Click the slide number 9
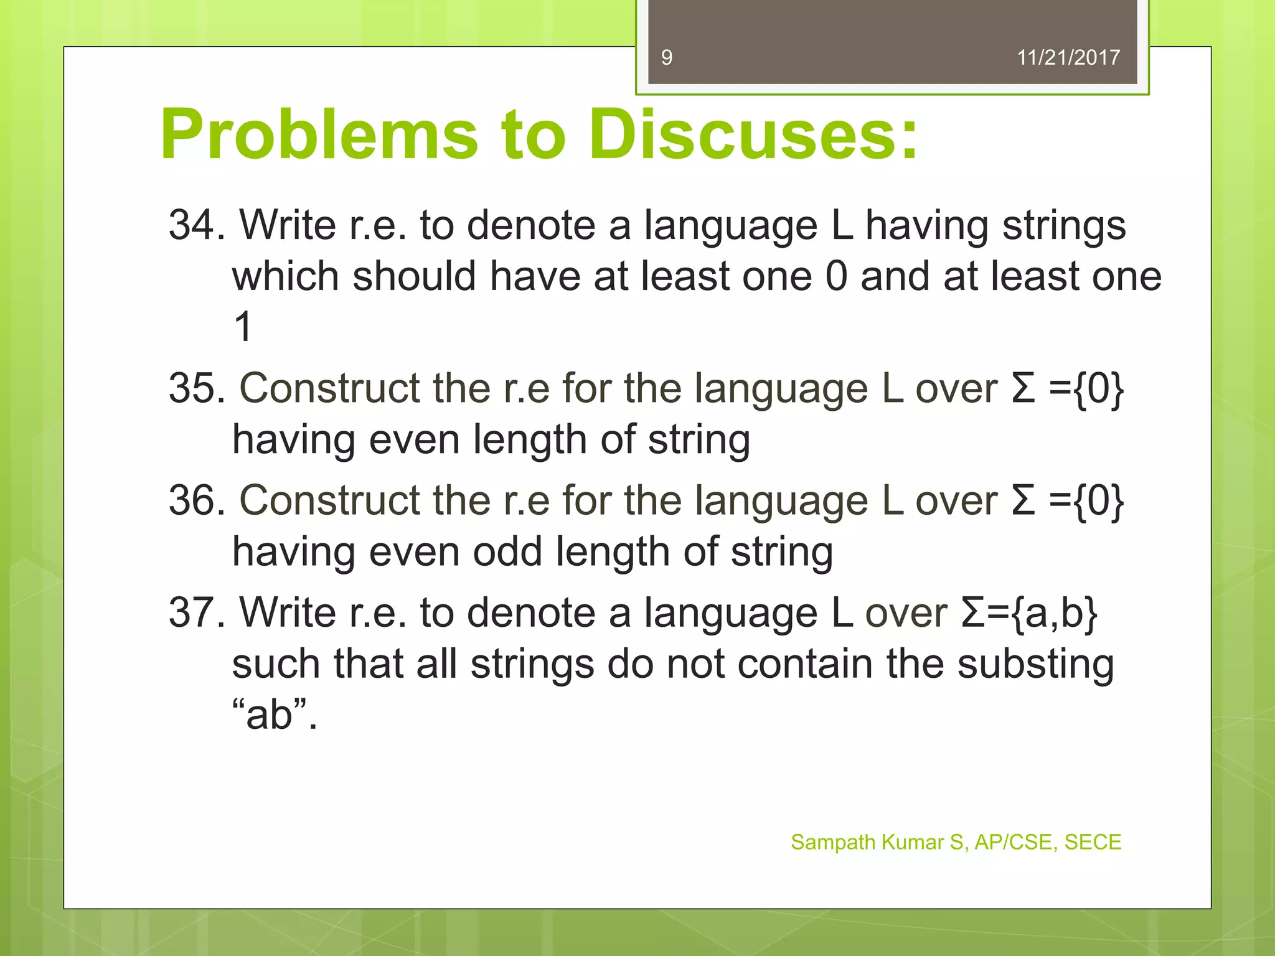[667, 58]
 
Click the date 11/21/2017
[1068, 58]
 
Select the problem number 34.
[196, 225]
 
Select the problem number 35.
[196, 388]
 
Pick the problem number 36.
[196, 500]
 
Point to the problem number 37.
[196, 612]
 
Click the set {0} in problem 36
[1099, 500]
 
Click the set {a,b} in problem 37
[1054, 613]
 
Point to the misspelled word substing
[1035, 665]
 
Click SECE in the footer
[1093, 842]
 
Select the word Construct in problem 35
[330, 388]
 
